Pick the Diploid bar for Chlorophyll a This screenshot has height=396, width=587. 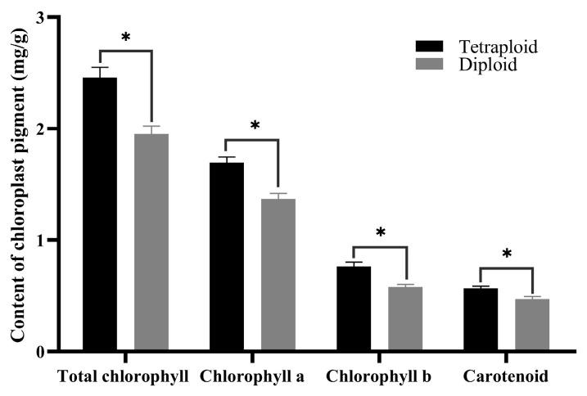pyautogui.click(x=278, y=275)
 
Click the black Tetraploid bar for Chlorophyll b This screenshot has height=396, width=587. pyautogui.click(x=353, y=308)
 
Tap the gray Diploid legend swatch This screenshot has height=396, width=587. pyautogui.click(x=431, y=65)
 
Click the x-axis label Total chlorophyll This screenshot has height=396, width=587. pyautogui.click(x=124, y=377)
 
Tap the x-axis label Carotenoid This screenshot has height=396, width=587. pyautogui.click(x=505, y=377)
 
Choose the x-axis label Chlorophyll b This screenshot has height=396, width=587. pyautogui.click(x=378, y=377)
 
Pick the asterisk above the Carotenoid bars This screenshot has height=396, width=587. pyautogui.click(x=506, y=254)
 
